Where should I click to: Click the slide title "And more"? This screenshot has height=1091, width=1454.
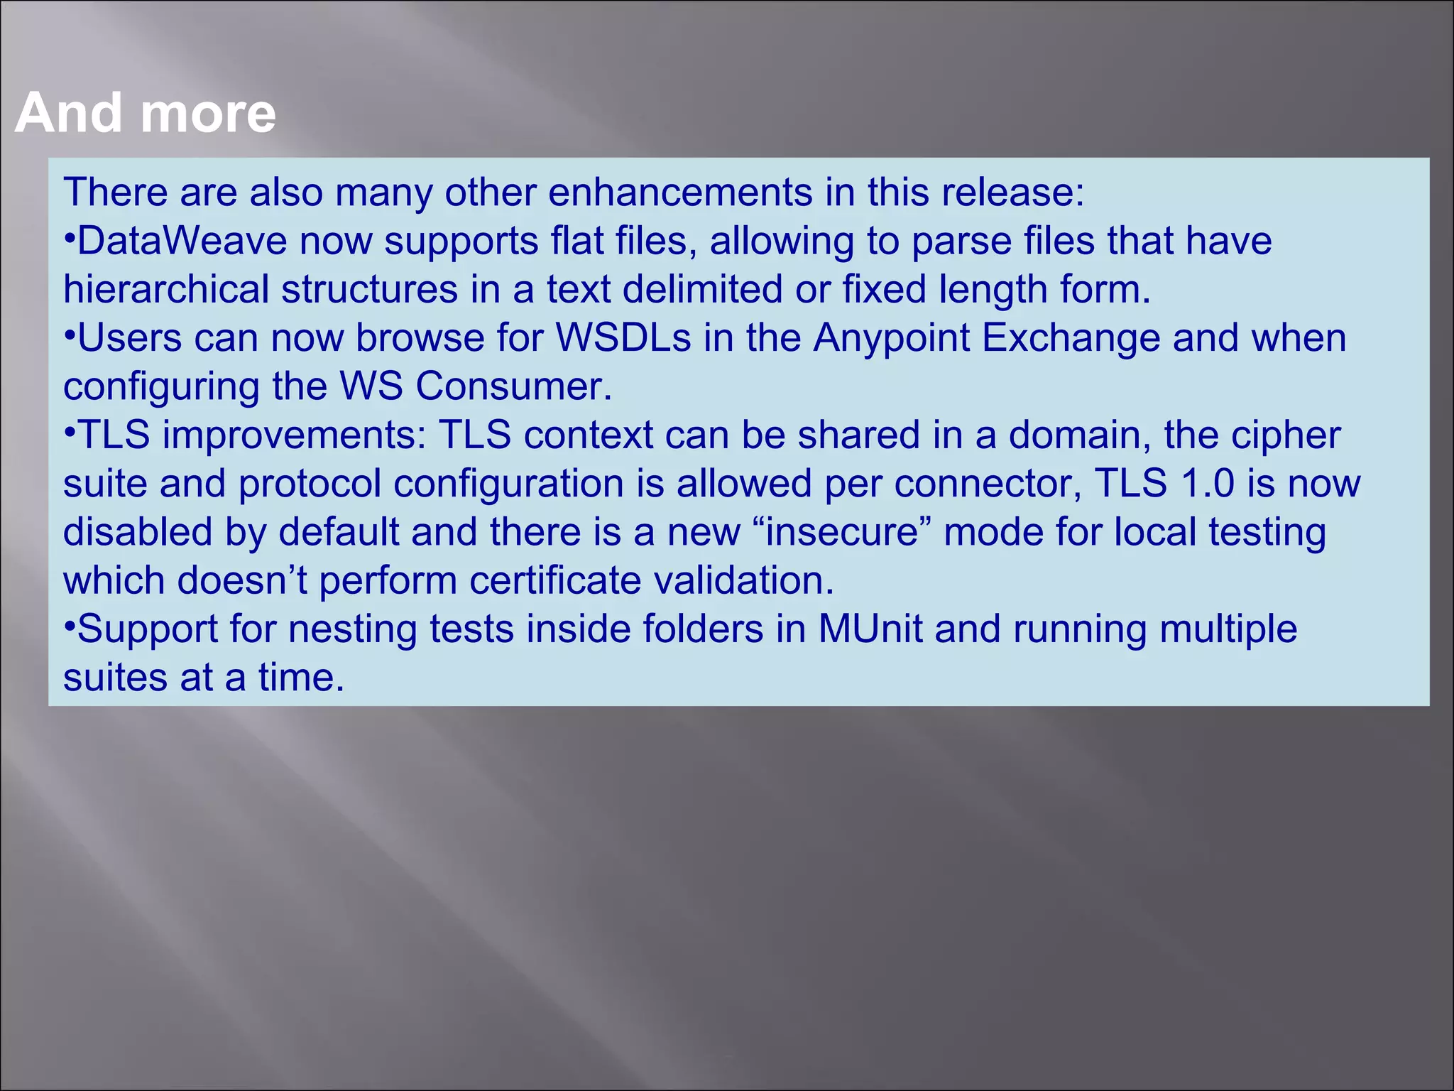point(146,113)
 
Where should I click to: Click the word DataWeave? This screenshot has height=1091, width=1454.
point(182,241)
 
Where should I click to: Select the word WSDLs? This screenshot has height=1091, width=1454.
point(623,338)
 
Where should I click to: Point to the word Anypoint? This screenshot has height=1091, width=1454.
point(891,338)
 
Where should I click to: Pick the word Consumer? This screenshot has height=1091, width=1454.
point(513,387)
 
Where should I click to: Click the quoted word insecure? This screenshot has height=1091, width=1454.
point(842,532)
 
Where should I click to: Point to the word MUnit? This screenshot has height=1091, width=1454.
point(870,629)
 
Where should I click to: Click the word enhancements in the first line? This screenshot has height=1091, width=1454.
point(680,192)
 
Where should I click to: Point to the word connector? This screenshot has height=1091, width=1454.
point(988,484)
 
